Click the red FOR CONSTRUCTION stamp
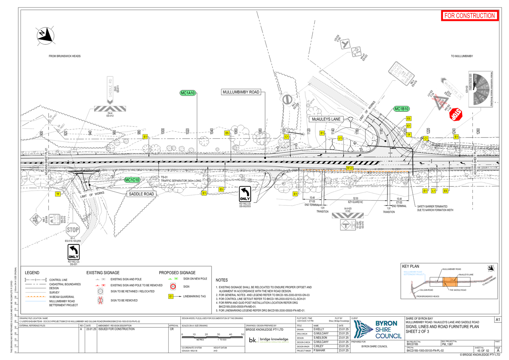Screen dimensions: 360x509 click(x=469, y=16)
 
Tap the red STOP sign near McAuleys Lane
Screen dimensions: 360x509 click(x=456, y=114)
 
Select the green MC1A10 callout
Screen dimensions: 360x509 click(x=188, y=93)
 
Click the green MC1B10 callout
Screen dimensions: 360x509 click(x=402, y=109)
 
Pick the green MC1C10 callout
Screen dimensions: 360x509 click(x=132, y=180)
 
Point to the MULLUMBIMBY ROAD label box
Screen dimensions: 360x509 click(x=241, y=92)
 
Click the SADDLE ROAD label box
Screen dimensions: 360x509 click(x=141, y=194)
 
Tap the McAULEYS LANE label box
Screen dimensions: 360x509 click(x=326, y=119)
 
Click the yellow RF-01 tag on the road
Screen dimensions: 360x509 click(x=350, y=167)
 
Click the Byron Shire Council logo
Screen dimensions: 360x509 click(x=377, y=329)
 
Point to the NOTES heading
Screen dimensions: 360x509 click(x=221, y=280)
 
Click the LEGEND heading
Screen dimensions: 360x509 click(x=32, y=273)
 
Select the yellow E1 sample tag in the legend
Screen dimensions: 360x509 click(x=171, y=296)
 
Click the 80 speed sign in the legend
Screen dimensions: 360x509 click(x=173, y=286)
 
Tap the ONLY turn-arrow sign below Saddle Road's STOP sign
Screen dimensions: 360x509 click(x=73, y=251)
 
